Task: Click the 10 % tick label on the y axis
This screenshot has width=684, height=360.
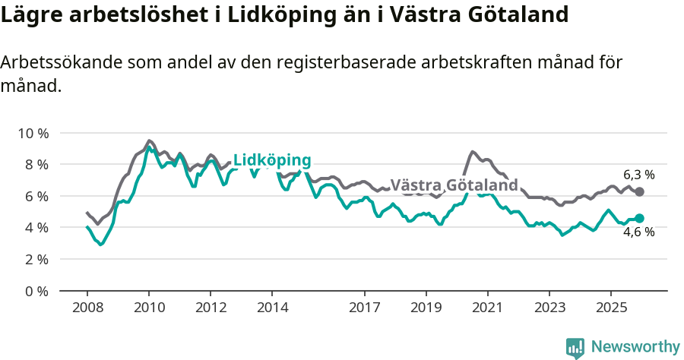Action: (33, 133)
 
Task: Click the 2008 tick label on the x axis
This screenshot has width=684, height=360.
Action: (87, 308)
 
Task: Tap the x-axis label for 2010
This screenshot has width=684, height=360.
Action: (149, 308)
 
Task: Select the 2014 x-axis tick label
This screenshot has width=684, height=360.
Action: (272, 308)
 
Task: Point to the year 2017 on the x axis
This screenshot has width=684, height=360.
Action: (364, 308)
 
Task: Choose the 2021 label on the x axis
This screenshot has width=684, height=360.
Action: (487, 308)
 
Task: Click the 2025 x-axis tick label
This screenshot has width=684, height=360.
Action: (610, 308)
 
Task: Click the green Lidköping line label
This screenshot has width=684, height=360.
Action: (272, 160)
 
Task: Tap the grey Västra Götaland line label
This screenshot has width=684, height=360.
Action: (454, 185)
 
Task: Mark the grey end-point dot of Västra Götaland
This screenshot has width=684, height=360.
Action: (639, 192)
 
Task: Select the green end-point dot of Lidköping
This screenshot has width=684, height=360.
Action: (639, 218)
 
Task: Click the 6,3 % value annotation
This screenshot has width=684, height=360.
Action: (638, 174)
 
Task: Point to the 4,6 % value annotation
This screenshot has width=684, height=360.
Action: (638, 232)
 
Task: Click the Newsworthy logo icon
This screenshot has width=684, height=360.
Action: (575, 347)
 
